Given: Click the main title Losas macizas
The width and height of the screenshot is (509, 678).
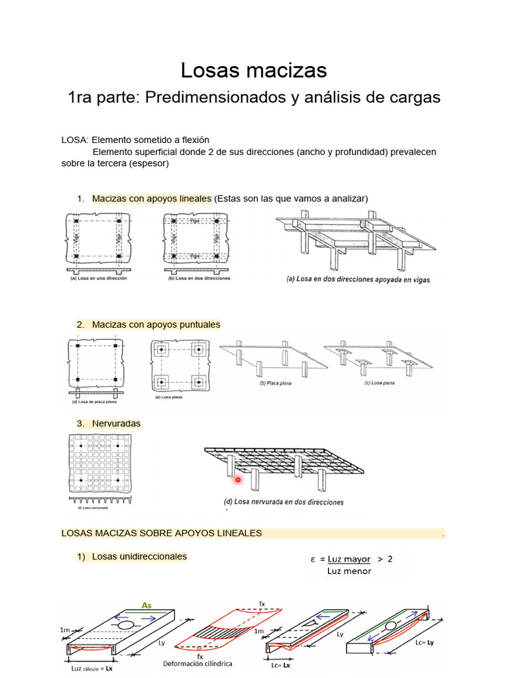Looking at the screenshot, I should [254, 70].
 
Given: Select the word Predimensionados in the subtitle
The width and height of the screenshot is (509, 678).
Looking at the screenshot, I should [213, 97].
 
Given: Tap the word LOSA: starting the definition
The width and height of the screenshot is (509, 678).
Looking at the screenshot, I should [74, 140].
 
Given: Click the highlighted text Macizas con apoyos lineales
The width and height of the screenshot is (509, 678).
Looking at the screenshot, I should [151, 199].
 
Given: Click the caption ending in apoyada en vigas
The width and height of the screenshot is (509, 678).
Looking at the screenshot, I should [358, 279].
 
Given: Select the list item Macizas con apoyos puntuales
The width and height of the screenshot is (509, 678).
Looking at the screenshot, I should [156, 324].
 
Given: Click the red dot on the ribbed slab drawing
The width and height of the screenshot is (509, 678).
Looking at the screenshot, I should [237, 479].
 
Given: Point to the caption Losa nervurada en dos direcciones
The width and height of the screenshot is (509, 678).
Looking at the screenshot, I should [284, 502].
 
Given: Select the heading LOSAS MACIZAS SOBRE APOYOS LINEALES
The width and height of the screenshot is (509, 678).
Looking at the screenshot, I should [161, 533].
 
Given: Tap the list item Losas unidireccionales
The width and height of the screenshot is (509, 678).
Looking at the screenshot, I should [139, 557].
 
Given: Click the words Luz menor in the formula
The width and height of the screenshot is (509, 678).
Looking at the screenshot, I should [349, 571].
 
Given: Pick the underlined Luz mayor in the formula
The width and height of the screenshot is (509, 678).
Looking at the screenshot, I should [349, 559].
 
